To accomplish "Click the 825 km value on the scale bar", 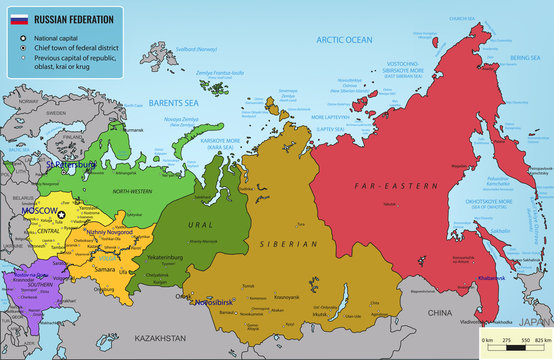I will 540,342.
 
